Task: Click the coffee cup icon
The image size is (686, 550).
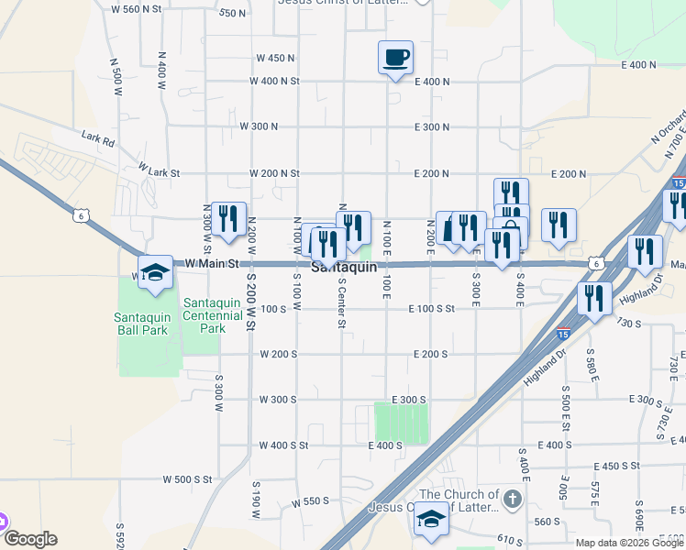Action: (395, 58)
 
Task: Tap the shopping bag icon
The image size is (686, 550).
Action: (510, 233)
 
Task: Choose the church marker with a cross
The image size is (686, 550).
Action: (512, 500)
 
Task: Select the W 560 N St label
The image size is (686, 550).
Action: (136, 8)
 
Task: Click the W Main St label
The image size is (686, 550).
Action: (211, 263)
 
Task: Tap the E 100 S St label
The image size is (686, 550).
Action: (431, 309)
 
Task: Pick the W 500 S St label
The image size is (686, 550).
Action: (187, 478)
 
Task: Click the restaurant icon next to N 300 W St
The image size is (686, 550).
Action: (228, 218)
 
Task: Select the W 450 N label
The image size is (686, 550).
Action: (275, 58)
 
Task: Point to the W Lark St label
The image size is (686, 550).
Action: (160, 171)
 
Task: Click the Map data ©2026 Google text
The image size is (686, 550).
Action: (630, 543)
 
